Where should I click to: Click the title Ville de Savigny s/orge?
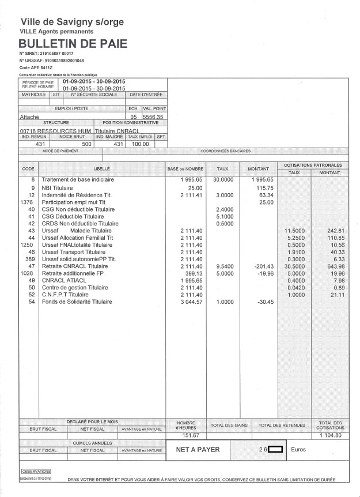(x=71, y=22)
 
